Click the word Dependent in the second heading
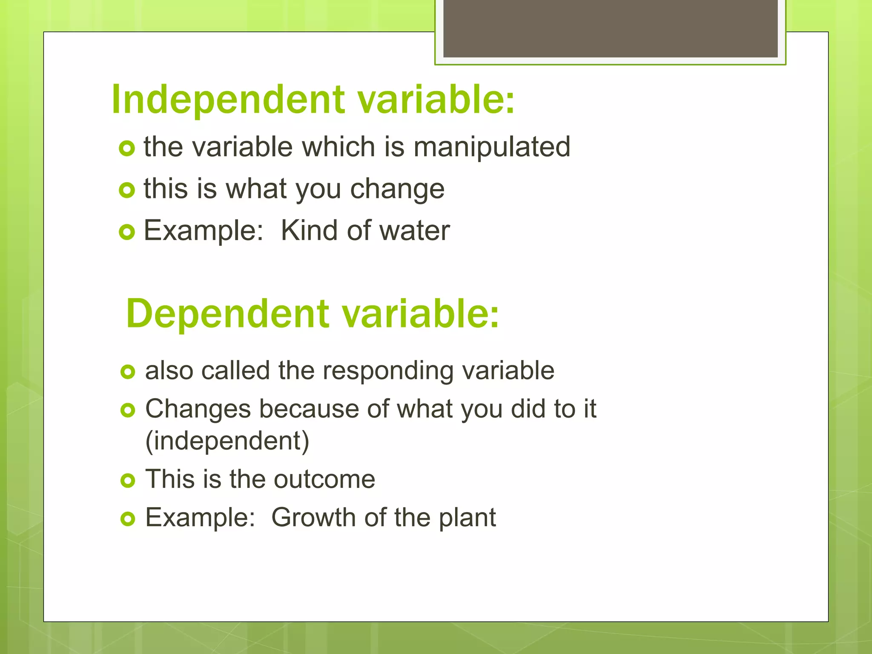[x=228, y=314]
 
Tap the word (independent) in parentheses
[x=227, y=441]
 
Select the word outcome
[x=324, y=479]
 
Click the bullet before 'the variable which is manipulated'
[x=127, y=148]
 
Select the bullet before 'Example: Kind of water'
[x=127, y=232]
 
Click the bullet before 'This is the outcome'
[x=127, y=481]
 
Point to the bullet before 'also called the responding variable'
[x=127, y=372]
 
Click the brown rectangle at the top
[x=610, y=28]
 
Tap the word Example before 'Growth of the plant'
[x=200, y=518]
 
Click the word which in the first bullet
[x=338, y=147]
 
